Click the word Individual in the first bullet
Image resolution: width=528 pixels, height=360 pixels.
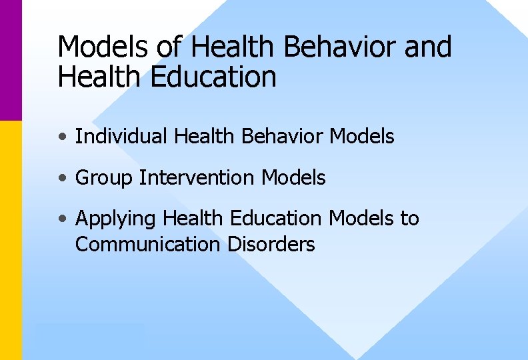(121, 137)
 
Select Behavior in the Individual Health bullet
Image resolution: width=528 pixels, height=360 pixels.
(283, 137)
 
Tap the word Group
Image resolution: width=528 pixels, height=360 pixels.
(104, 178)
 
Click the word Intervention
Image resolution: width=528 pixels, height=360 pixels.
(197, 178)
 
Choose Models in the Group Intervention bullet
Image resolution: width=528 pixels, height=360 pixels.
(293, 178)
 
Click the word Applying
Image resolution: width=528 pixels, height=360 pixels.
(116, 219)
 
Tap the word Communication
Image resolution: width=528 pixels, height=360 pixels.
(148, 245)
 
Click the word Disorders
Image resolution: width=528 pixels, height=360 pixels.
(271, 245)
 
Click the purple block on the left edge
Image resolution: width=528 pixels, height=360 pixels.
(11, 60)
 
